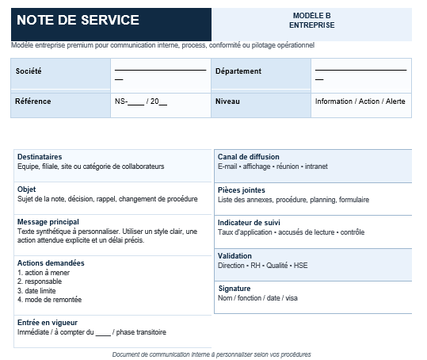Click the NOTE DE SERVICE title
78,21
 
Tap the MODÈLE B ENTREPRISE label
311,21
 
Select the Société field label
29,71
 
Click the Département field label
238,71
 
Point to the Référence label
33,101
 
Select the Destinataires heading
40,157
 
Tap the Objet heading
26,190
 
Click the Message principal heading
48,222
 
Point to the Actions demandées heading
51,263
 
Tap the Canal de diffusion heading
249,157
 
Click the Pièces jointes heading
242,190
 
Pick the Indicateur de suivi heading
249,223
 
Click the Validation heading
234,256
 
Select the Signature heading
234,289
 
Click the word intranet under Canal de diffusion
315,167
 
